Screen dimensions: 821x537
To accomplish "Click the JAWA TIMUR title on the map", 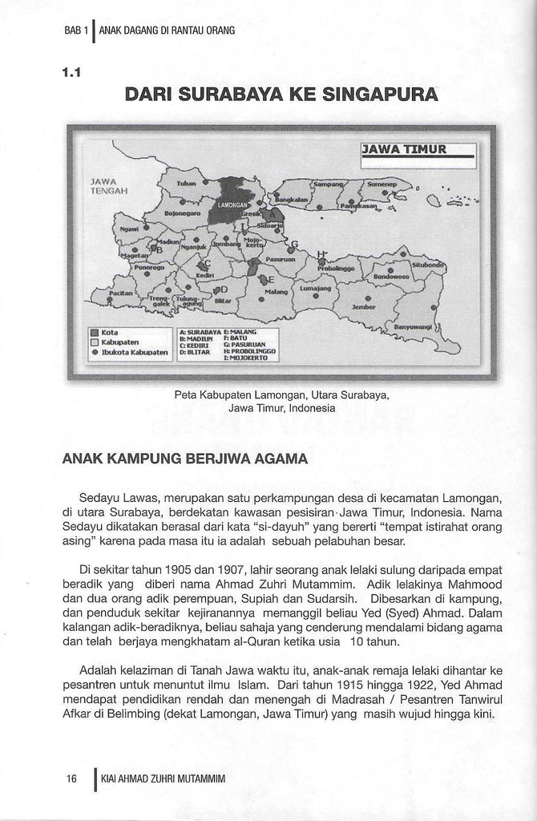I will pos(405,148).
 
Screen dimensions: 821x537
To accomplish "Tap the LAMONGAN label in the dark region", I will pos(233,205).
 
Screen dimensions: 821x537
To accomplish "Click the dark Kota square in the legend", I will pos(95,332).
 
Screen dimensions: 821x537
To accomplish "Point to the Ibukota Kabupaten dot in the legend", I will pos(95,352).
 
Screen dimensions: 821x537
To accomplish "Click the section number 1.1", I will pos(73,71).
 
